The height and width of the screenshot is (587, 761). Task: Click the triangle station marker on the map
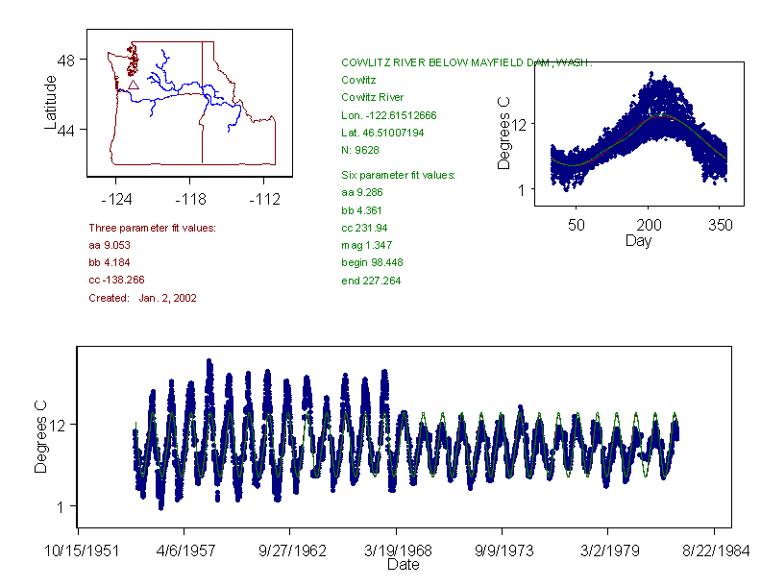coord(133,85)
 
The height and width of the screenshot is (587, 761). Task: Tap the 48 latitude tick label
coord(66,60)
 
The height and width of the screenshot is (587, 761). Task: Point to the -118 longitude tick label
coord(190,200)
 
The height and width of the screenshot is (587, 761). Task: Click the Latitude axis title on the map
coord(51,103)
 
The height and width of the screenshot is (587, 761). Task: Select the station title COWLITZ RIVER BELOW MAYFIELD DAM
coord(467,62)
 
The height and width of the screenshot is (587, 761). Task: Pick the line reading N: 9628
coord(362,149)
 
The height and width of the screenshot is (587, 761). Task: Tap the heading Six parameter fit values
coord(399,175)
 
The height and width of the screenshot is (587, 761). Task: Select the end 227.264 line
coord(371,281)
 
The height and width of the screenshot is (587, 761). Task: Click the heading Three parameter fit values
coord(152,228)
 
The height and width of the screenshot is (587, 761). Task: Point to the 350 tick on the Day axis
coord(721,225)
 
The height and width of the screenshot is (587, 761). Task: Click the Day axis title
coord(638,240)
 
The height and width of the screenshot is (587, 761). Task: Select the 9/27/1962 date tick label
coord(290,551)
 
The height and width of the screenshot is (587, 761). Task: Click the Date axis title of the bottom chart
coord(403,565)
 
